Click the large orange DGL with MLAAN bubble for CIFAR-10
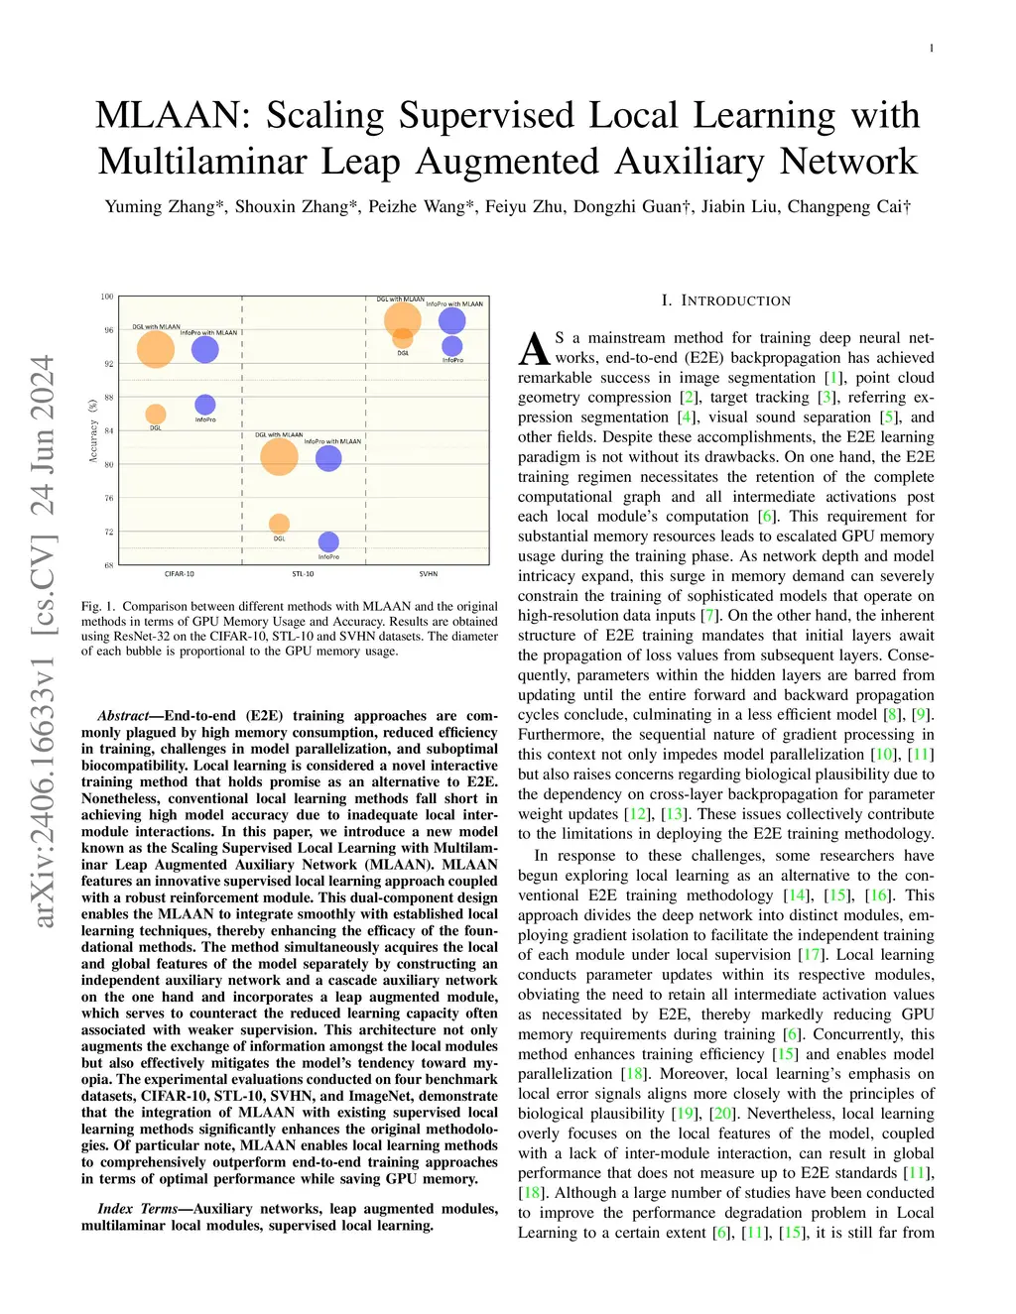[x=156, y=348]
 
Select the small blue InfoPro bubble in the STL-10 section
[x=328, y=541]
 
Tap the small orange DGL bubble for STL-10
[x=280, y=524]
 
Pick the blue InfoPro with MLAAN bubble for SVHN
[x=451, y=320]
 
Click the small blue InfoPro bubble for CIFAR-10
[x=205, y=404]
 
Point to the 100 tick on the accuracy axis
[x=107, y=297]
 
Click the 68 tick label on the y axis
[x=108, y=565]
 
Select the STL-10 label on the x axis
[x=303, y=574]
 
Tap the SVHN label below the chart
[x=428, y=574]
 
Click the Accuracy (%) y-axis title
[x=93, y=430]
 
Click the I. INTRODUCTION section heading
[x=726, y=300]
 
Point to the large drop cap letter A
[x=534, y=349]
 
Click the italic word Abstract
[x=123, y=716]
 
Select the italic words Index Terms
[x=137, y=1209]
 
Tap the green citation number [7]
[x=709, y=616]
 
